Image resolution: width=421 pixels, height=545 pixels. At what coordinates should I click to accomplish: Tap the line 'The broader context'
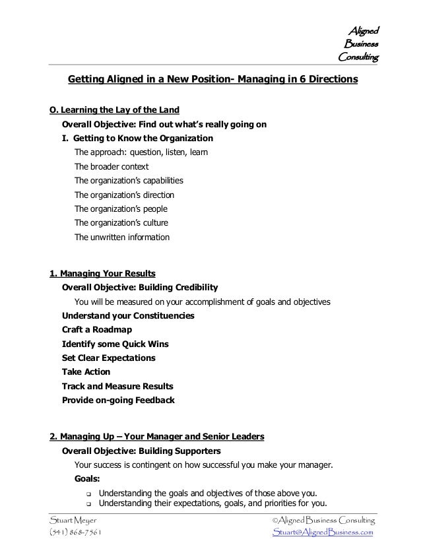[112, 166]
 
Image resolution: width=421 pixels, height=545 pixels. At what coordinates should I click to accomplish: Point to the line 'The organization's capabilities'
[129, 180]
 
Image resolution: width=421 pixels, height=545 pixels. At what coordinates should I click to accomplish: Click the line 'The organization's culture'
[121, 222]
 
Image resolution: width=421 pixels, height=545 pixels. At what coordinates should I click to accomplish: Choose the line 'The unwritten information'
[122, 237]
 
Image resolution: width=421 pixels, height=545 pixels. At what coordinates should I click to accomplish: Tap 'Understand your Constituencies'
[128, 315]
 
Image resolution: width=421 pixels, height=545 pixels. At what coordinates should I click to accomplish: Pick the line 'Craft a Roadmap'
[96, 330]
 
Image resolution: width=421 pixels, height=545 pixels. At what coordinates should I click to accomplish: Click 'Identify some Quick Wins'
[115, 344]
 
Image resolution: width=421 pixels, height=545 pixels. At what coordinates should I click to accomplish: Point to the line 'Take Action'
[86, 372]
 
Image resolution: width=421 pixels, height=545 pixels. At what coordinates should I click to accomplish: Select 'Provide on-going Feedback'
[118, 400]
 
